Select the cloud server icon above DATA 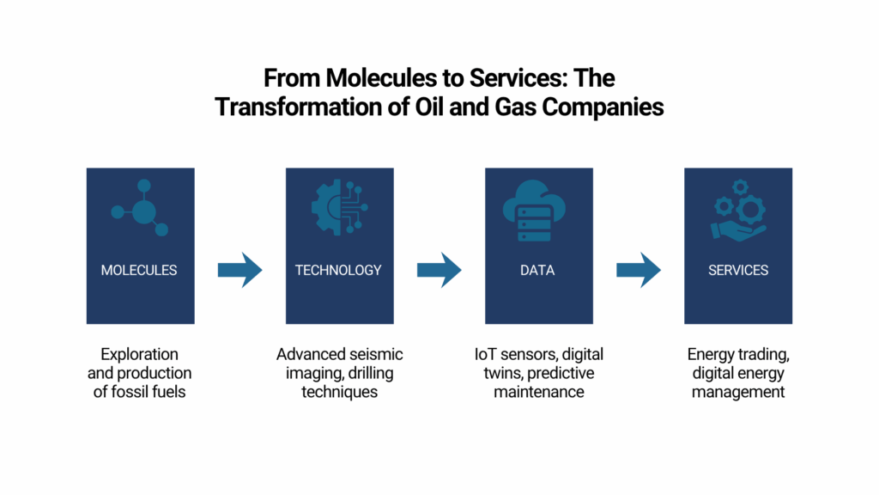tap(534, 211)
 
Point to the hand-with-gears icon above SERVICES tap(738, 211)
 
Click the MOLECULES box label tap(139, 271)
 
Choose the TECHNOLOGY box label tap(338, 271)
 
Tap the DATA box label tap(537, 271)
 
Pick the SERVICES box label tap(737, 271)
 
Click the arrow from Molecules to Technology tap(240, 270)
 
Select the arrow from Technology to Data tap(439, 270)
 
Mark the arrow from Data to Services tap(639, 270)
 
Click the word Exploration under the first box tap(140, 355)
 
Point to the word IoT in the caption tap(485, 355)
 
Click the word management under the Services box tap(737, 392)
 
